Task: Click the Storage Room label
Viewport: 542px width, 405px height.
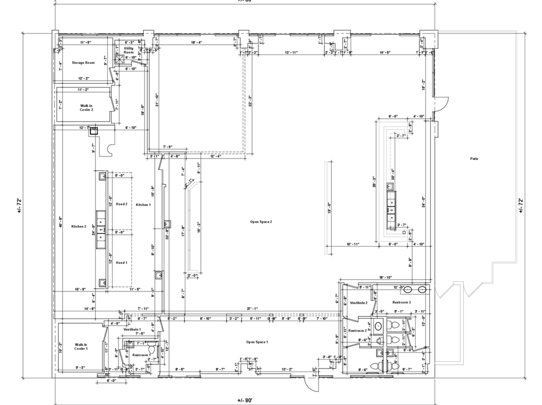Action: click(83, 63)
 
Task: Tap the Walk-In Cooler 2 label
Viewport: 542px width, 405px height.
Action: click(86, 108)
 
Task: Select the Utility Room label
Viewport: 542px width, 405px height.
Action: click(129, 50)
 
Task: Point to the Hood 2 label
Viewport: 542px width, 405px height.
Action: click(122, 204)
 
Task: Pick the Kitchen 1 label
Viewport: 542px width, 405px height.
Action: click(143, 205)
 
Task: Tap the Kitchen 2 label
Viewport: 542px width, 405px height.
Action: click(79, 227)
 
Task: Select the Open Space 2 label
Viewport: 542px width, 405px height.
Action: click(261, 222)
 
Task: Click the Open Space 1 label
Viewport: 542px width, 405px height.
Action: click(257, 342)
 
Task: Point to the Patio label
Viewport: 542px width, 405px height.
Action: click(474, 159)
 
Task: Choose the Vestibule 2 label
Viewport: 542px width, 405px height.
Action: click(359, 303)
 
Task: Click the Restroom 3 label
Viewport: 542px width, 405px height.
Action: click(402, 303)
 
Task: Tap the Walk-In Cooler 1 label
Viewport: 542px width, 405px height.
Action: click(81, 347)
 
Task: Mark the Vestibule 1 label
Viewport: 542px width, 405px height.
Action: click(132, 330)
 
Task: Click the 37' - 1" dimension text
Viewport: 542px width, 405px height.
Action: click(253, 309)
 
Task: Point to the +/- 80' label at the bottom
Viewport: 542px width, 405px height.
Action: click(244, 400)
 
